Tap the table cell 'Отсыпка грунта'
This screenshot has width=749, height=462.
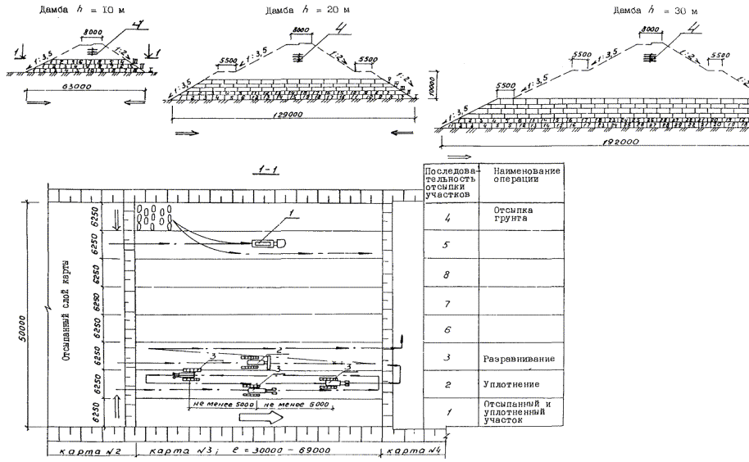pyautogui.click(x=502, y=215)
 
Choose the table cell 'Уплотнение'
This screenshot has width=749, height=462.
pyautogui.click(x=502, y=384)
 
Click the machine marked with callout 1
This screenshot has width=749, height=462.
pyautogui.click(x=269, y=242)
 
